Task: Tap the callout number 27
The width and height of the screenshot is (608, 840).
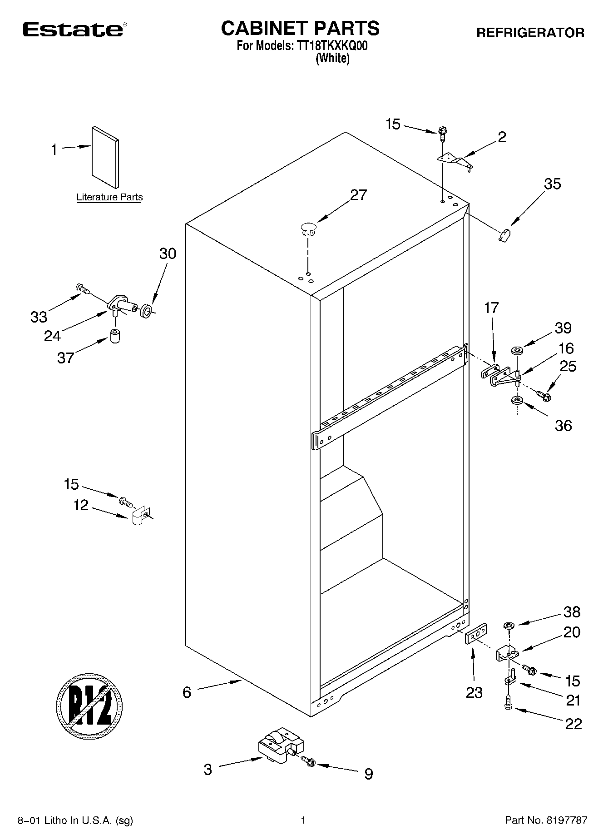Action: point(358,195)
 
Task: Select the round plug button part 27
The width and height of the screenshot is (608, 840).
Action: point(307,228)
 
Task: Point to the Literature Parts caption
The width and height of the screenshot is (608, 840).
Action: point(109,197)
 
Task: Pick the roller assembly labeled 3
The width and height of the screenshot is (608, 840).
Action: point(280,748)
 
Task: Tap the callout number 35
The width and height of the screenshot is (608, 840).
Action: point(552,184)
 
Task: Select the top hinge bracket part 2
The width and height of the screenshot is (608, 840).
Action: point(455,161)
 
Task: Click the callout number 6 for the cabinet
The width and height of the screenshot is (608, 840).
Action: point(187,692)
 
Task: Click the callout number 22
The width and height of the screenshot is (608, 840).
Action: point(573,723)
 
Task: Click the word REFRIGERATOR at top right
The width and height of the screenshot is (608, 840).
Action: point(530,33)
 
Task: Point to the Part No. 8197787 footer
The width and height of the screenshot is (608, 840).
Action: point(546,820)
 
